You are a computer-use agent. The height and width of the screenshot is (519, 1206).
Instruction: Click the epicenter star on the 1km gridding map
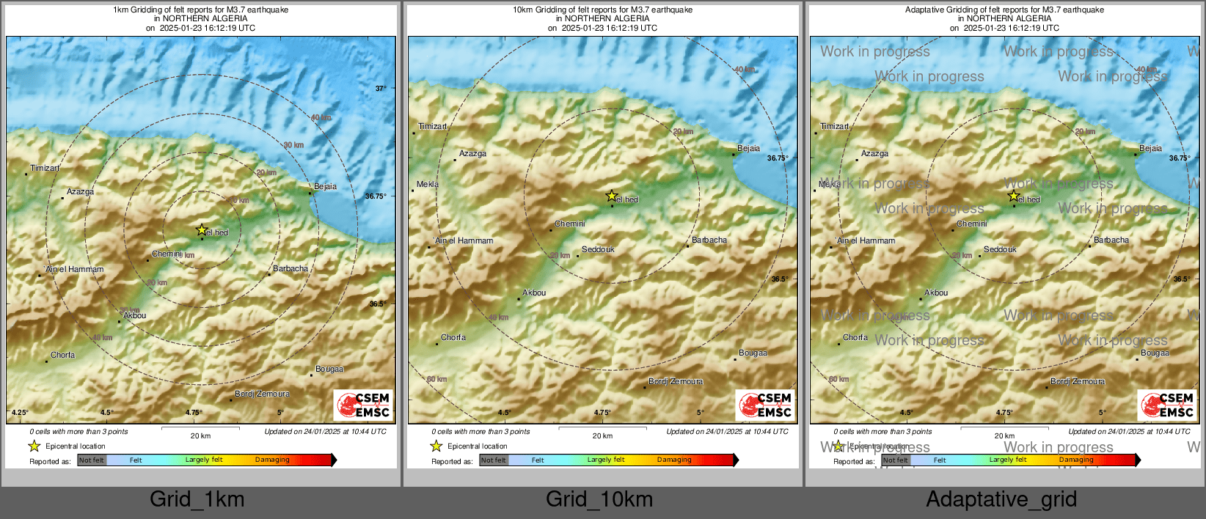[202, 229]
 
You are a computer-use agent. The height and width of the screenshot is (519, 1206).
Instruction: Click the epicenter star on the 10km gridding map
[611, 196]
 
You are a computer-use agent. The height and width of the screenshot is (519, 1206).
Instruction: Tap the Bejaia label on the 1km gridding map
[325, 186]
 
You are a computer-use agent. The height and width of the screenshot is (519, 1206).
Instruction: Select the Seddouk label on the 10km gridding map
[598, 250]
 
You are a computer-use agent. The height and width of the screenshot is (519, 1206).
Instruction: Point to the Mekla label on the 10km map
[428, 184]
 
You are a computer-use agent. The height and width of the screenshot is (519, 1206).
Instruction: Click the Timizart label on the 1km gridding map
[45, 169]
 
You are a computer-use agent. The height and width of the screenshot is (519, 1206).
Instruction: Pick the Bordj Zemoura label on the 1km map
[262, 394]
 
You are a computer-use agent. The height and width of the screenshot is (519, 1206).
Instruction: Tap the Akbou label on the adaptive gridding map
[936, 293]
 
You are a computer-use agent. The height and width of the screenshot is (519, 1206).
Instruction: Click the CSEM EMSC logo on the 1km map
[364, 405]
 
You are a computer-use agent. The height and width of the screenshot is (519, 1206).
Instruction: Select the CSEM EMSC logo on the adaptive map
[1168, 405]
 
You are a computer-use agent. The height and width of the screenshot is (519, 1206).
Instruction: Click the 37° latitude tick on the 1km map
[381, 89]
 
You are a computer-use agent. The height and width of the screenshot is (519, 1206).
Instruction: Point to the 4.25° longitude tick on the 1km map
[20, 413]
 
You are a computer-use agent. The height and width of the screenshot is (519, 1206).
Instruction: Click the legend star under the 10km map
[436, 446]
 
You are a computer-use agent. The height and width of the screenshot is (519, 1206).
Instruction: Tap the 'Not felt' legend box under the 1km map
[92, 460]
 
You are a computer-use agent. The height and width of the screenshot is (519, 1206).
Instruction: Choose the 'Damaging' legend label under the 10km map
[674, 460]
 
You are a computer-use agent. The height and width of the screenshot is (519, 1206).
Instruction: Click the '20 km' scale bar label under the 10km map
[602, 436]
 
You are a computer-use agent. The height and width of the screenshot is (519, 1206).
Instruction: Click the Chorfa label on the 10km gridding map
[453, 338]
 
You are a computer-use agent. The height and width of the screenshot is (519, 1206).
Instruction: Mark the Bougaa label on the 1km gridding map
[329, 369]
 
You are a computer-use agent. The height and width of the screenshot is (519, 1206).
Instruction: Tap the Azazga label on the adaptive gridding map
[874, 154]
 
